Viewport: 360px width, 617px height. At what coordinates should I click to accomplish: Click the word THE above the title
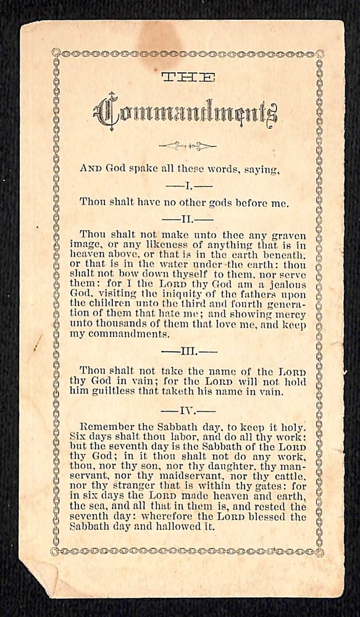(x=188, y=78)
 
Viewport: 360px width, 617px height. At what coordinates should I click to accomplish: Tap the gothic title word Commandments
(x=185, y=113)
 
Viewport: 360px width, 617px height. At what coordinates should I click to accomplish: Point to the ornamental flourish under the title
(x=187, y=146)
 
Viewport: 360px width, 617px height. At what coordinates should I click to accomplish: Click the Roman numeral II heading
(x=188, y=218)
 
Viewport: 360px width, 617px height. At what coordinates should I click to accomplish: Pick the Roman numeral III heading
(x=188, y=352)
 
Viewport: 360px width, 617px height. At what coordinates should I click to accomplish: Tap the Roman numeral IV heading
(x=188, y=410)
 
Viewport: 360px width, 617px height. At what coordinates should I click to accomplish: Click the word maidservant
(x=188, y=477)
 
